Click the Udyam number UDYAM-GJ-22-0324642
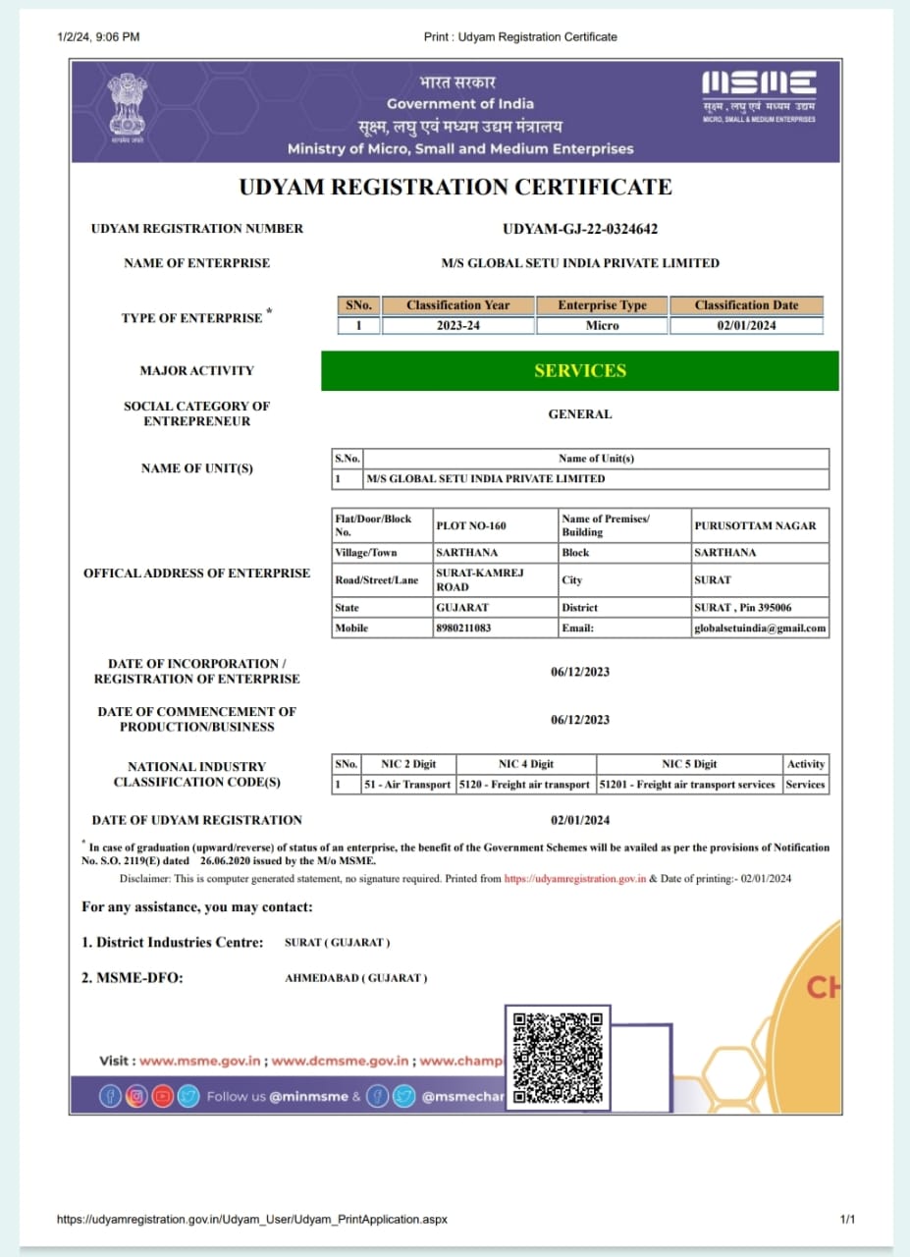pos(579,229)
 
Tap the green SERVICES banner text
pos(579,371)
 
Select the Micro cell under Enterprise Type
pos(602,326)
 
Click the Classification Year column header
pos(457,305)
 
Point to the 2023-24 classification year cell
pos(457,326)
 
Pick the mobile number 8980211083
pos(463,628)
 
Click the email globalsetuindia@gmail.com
pos(759,628)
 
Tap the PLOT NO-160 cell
pos(471,525)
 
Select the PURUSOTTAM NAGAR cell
pos(755,525)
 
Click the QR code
pos(558,1058)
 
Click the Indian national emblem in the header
pos(126,106)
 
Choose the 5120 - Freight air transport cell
pos(525,785)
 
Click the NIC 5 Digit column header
pos(689,764)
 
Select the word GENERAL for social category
pos(579,414)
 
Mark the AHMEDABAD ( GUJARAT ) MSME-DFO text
pos(355,978)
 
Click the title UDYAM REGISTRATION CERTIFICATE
pos(456,188)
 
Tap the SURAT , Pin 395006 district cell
pos(742,608)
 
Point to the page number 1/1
pos(848,1219)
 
